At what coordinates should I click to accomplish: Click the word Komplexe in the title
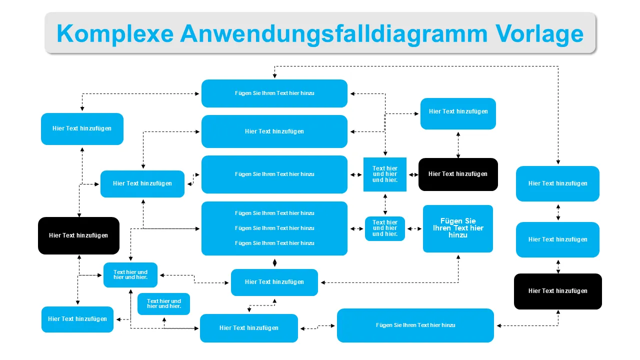tap(115, 33)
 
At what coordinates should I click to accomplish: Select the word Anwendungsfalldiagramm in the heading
tap(333, 33)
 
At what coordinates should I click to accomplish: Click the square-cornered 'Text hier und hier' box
tap(384, 174)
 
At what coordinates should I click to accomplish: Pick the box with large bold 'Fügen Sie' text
tap(457, 228)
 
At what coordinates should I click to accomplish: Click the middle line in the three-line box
tap(274, 228)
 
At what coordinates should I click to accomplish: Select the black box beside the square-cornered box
tap(457, 174)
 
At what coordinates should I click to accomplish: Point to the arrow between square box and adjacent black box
tap(412, 174)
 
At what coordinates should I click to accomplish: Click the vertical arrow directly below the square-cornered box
tap(385, 204)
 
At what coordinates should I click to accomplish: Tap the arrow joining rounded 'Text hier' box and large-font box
tap(414, 228)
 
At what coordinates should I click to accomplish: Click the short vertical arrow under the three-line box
tap(274, 262)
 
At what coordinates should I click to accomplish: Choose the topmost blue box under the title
tap(274, 93)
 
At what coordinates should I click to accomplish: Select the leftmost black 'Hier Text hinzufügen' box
tap(78, 235)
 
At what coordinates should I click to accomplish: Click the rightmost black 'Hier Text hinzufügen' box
tap(557, 291)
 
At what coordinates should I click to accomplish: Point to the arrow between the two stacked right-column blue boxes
tap(558, 212)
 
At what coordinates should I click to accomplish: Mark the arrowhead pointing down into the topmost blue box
tap(274, 75)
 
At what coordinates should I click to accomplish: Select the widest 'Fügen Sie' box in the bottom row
tap(415, 325)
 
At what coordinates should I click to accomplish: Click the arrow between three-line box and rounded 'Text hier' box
tap(356, 228)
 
